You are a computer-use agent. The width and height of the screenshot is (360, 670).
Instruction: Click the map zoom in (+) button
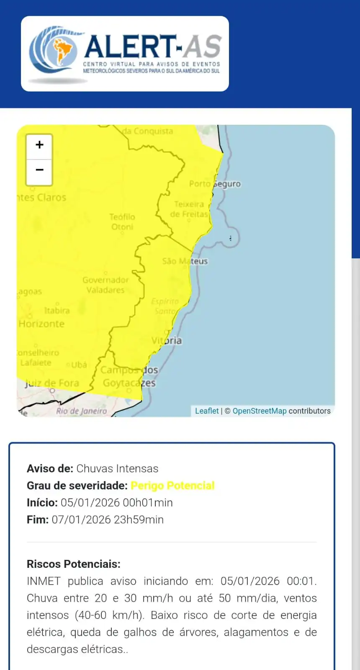(x=39, y=145)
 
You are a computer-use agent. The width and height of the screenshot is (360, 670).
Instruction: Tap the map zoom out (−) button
(x=39, y=170)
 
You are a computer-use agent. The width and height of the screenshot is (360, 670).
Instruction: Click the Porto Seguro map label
(x=215, y=184)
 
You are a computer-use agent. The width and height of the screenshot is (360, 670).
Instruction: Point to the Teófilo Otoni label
(x=122, y=222)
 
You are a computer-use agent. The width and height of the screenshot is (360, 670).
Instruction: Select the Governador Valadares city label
(x=105, y=285)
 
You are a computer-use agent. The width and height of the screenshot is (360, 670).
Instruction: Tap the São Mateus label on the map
(x=185, y=261)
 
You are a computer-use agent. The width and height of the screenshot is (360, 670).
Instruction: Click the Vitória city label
(x=167, y=340)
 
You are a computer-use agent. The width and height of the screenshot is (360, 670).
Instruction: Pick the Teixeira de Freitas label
(x=189, y=209)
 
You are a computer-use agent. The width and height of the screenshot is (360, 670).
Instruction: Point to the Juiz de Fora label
(x=52, y=383)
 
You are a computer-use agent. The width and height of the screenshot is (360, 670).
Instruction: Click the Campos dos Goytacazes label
(x=129, y=376)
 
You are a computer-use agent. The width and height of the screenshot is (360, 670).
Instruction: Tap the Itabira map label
(x=57, y=310)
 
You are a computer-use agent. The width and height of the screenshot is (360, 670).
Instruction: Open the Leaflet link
(x=207, y=411)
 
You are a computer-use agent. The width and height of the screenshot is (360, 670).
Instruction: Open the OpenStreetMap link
(x=260, y=411)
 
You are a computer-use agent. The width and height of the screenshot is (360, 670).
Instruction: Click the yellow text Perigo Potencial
(x=172, y=485)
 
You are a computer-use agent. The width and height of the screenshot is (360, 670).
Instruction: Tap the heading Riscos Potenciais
(x=74, y=564)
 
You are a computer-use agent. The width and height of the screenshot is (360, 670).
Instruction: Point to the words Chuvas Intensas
(x=117, y=469)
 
